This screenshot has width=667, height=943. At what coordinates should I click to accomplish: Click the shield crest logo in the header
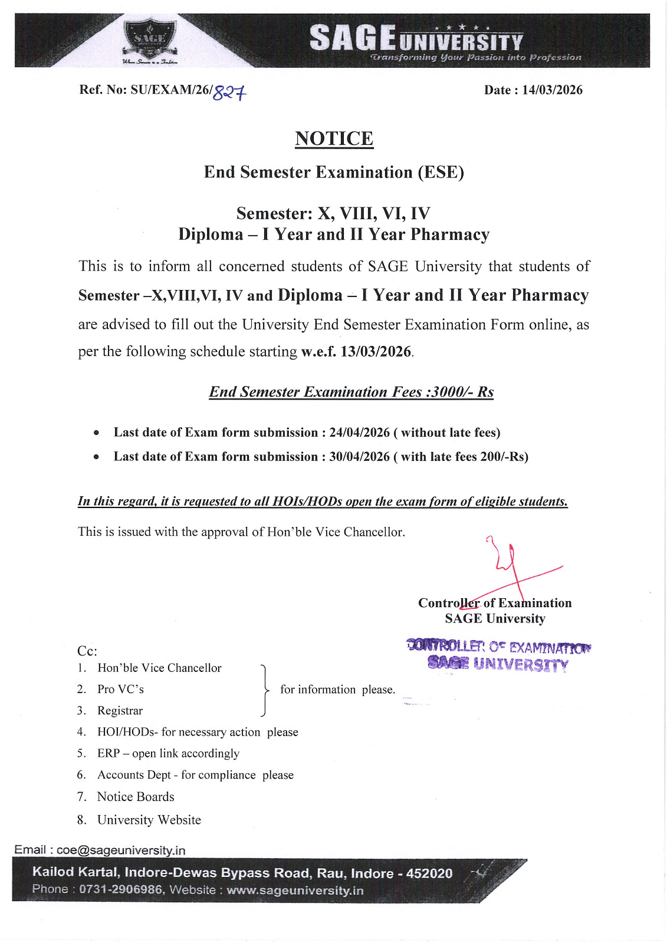click(150, 40)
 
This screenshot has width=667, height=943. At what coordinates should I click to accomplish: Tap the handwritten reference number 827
click(229, 92)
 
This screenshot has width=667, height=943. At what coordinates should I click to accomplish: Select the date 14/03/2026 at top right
click(552, 90)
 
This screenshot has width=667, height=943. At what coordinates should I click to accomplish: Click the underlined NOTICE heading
click(334, 139)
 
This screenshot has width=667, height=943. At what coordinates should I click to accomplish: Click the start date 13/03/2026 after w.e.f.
click(376, 351)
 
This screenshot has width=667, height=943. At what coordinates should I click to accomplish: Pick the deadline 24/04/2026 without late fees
click(359, 433)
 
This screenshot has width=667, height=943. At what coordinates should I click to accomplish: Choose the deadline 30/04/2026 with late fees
click(359, 457)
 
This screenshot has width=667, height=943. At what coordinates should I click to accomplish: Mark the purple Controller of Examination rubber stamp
click(498, 655)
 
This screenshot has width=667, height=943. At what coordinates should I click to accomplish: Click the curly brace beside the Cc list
click(265, 690)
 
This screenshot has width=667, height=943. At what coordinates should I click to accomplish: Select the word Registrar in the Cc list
click(120, 711)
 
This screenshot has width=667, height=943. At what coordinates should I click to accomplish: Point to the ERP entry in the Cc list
click(109, 753)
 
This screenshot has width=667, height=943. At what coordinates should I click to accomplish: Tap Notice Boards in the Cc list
click(136, 797)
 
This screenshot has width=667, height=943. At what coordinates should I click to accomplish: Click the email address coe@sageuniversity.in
click(121, 850)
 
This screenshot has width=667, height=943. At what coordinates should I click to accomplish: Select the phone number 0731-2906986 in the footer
click(121, 889)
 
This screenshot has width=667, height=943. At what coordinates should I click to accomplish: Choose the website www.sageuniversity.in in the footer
click(295, 890)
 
